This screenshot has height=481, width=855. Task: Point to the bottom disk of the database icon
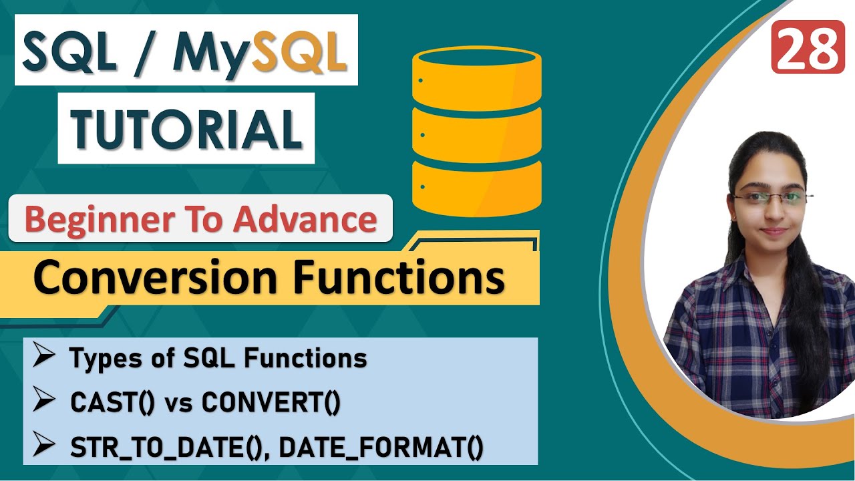click(476, 182)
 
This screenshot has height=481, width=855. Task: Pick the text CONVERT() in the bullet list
click(271, 404)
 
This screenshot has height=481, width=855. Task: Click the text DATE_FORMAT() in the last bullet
click(381, 448)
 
